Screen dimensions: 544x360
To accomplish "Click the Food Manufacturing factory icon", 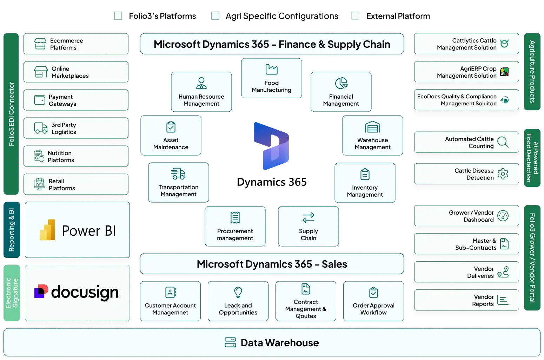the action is (272, 69).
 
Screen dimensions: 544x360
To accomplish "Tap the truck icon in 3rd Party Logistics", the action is (41, 128).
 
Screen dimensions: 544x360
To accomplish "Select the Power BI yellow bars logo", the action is (47, 230).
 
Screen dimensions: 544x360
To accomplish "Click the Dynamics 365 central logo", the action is (272, 146).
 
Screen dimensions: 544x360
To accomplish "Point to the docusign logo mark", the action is (41, 291).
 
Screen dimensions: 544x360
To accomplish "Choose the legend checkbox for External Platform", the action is (355, 16).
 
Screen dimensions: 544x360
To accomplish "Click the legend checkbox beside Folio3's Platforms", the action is (118, 16).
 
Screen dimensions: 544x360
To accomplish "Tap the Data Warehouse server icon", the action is (230, 342).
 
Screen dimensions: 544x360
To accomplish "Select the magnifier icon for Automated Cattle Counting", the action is (503, 142).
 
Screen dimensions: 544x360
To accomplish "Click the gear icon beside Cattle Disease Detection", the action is (503, 174).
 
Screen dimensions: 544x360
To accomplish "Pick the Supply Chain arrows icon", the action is (309, 217).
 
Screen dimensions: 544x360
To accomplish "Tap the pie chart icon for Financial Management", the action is (341, 83).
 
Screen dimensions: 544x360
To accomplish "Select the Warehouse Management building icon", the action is (372, 127).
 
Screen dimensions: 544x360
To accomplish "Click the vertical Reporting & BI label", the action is (12, 230).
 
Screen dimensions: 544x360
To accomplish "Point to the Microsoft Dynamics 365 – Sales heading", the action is (272, 264).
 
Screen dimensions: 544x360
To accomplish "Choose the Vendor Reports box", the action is (466, 300).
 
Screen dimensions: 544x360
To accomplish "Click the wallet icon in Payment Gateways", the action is (40, 100).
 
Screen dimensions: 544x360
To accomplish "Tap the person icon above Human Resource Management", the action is (201, 83).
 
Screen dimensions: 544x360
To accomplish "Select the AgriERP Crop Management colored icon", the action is (504, 72).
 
